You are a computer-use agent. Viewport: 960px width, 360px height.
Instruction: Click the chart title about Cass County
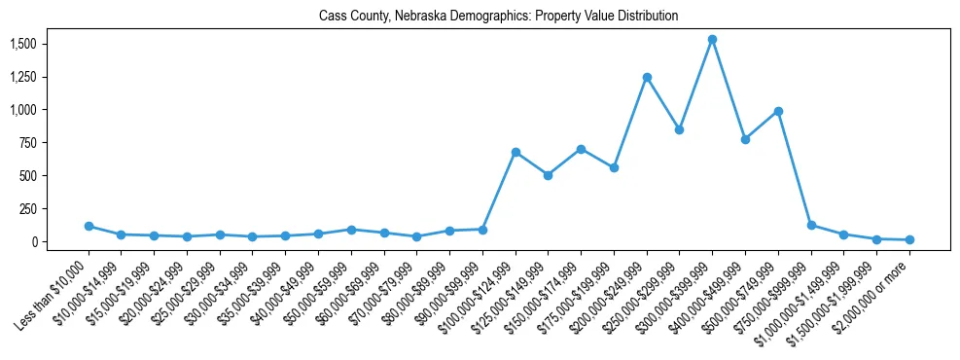coord(498,17)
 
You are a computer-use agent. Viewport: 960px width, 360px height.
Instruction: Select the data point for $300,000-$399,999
coord(712,40)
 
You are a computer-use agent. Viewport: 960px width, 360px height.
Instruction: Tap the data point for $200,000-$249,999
coord(647,77)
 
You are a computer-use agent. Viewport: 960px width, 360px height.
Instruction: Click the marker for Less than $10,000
coord(89,226)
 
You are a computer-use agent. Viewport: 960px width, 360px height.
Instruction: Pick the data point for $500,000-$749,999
coord(778,111)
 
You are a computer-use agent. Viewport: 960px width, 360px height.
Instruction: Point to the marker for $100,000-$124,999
coord(516,152)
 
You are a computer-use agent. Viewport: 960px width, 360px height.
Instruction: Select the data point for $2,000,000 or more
coord(909,239)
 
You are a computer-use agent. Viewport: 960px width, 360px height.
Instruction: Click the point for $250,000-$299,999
coord(679,129)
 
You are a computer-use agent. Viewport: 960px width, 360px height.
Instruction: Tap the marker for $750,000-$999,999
coord(811,225)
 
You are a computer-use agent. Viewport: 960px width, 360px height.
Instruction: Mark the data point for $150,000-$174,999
coord(581,149)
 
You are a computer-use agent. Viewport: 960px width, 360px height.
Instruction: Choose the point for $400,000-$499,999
coord(745,139)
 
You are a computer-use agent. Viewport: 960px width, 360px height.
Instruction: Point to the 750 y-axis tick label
coord(28,143)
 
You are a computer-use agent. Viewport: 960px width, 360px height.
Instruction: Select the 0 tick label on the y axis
coord(34,241)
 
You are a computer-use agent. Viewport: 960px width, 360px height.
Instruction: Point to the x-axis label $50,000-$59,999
coord(318,287)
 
